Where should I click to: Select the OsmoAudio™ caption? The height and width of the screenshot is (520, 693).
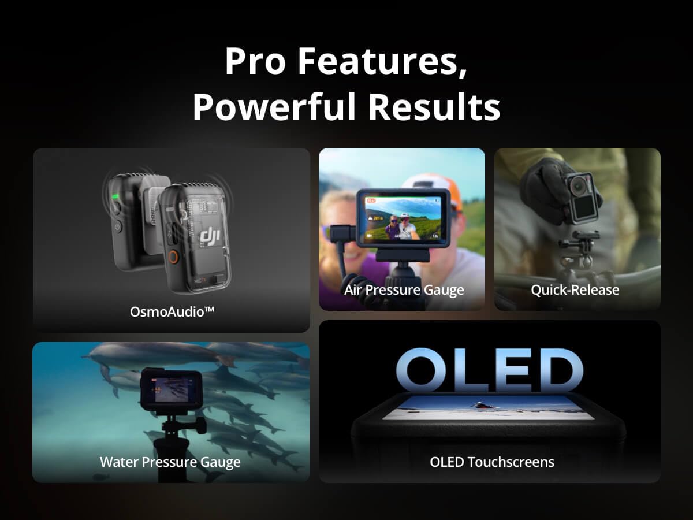[172, 311]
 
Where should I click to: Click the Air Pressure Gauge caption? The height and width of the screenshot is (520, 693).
[404, 289]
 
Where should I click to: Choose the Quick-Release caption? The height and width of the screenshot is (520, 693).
[575, 289]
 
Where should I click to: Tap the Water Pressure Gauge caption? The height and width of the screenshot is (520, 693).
[170, 462]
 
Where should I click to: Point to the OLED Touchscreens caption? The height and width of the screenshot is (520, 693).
[492, 462]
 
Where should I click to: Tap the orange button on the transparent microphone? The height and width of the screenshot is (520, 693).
[172, 257]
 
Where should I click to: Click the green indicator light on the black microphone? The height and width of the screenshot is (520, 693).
[115, 197]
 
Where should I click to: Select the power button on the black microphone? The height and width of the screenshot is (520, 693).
[117, 227]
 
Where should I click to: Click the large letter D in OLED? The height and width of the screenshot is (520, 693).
[554, 370]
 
